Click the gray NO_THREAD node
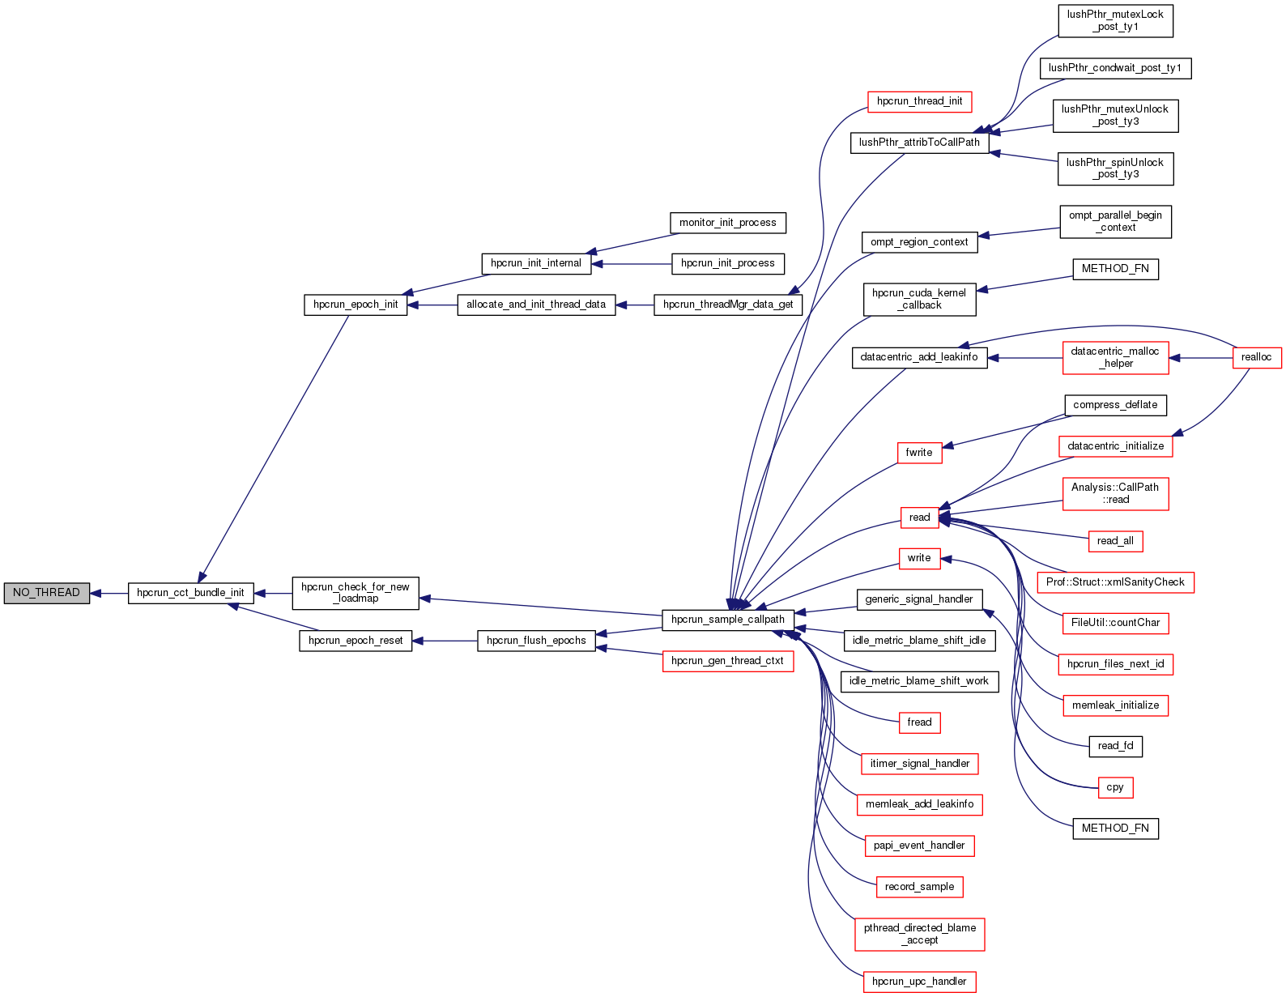click(46, 593)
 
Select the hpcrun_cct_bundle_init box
click(190, 593)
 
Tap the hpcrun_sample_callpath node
click(727, 620)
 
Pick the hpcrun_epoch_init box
click(356, 305)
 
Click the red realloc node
click(1256, 357)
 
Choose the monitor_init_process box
click(727, 223)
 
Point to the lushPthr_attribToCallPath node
click(919, 143)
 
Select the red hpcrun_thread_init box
click(919, 101)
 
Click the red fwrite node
click(919, 453)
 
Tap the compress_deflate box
click(1115, 405)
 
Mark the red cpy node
click(1115, 787)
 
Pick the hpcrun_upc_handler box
click(919, 982)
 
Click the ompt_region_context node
click(919, 242)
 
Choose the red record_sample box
click(919, 887)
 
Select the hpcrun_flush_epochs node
click(536, 641)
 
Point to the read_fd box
click(1115, 746)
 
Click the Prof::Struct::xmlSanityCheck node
click(1115, 582)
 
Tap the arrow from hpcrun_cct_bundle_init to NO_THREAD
click(109, 594)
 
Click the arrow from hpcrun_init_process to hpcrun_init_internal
click(632, 264)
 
